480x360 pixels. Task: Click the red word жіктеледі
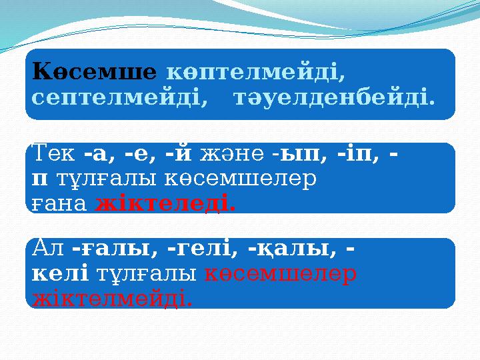tap(165, 203)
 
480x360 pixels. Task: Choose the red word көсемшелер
tap(280, 274)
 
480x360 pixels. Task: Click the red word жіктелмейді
tap(113, 298)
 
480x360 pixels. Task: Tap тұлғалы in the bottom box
tap(147, 274)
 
